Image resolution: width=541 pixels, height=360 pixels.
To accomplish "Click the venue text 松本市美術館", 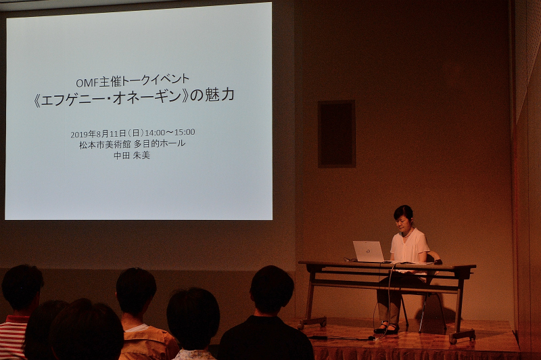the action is coord(105,144).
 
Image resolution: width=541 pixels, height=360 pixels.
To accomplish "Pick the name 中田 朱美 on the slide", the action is coord(132,156).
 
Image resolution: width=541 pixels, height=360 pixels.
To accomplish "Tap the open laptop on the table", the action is coord(368,251).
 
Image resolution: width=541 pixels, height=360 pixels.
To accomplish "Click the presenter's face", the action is coord(402,224).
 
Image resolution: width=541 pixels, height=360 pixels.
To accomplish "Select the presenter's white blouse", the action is coord(410,246).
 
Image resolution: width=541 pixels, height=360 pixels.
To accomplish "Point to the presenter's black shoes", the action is coord(387,328).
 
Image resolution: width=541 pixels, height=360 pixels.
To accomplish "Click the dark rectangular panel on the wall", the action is coord(336,134).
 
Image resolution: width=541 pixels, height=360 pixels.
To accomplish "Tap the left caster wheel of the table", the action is coord(323,323).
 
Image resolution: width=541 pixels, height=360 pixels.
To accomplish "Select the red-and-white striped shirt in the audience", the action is coord(12,338).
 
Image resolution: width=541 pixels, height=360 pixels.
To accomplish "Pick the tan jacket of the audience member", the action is coord(149,342).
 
